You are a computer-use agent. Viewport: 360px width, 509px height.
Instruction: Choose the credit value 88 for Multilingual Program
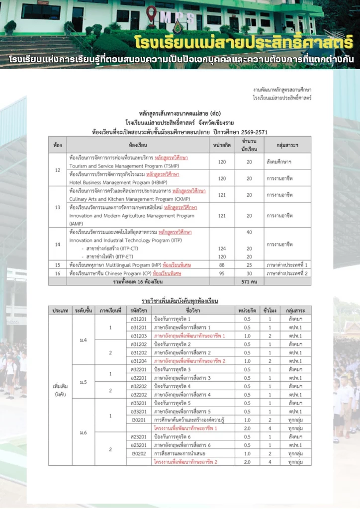[x=222, y=265]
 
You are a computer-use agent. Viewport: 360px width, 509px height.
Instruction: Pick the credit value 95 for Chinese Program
[x=222, y=273]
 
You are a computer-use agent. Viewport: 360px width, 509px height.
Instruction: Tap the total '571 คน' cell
[x=249, y=282]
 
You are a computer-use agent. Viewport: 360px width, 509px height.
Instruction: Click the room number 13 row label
[x=58, y=207]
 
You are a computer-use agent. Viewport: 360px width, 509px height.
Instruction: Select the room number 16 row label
[x=58, y=273]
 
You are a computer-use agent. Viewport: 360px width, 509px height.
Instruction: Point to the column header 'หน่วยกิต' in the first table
[x=222, y=145]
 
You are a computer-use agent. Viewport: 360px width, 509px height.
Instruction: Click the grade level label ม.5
[x=84, y=382]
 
